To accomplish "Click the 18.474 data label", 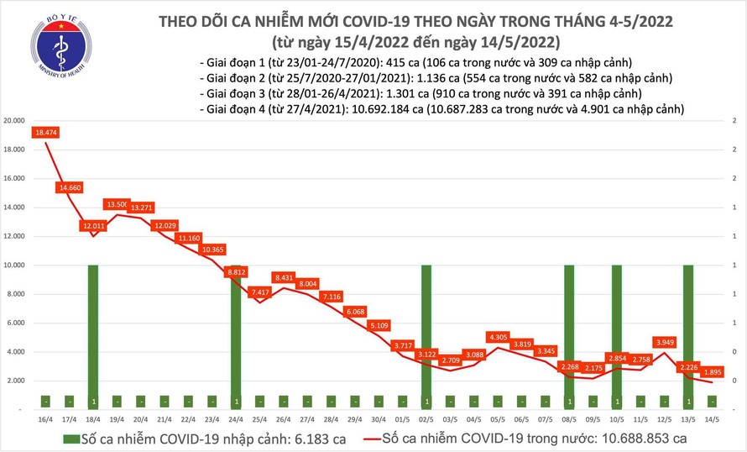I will point(45,133).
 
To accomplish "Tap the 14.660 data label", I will point(70,188).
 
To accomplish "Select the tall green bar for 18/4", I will point(93,336).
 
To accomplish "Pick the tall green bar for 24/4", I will point(236,336).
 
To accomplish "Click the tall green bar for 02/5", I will point(426,336).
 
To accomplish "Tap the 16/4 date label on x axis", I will point(45,417).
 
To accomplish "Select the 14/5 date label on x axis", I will point(712,417).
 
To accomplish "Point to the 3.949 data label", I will point(664,342).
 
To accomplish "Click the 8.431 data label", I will point(284,277).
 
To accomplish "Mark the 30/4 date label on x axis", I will point(379,417).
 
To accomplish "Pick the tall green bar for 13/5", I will point(688,336).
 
